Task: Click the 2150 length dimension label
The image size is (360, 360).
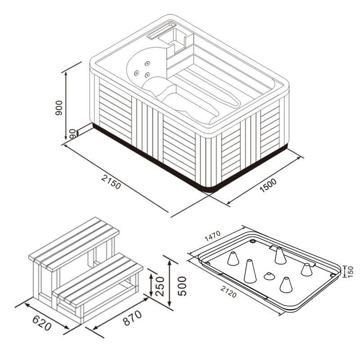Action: pyautogui.click(x=111, y=182)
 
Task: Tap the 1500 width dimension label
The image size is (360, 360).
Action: pyautogui.click(x=268, y=185)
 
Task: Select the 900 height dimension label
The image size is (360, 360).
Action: pyautogui.click(x=59, y=108)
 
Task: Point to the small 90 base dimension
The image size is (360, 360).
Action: pyautogui.click(x=72, y=133)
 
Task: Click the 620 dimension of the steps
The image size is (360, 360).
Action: pyautogui.click(x=42, y=323)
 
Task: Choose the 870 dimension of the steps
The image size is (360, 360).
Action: pyautogui.click(x=132, y=318)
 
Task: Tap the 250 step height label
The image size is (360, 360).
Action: pyautogui.click(x=160, y=286)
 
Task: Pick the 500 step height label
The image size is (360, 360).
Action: pyautogui.click(x=182, y=286)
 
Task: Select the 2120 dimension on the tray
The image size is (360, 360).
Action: pyautogui.click(x=229, y=292)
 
